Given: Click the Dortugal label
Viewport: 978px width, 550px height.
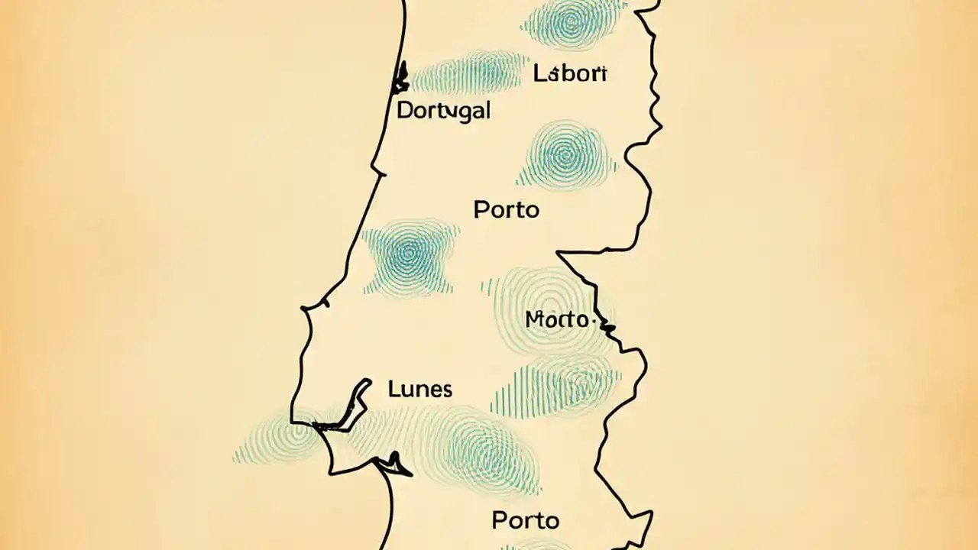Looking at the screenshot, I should (x=443, y=110).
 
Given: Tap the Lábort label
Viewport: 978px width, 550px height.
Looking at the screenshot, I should (x=570, y=74).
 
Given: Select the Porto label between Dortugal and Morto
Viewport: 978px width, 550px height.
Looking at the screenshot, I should (x=506, y=209).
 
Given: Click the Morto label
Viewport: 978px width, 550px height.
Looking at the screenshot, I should (x=558, y=320).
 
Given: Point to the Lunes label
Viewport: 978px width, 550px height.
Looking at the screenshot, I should (x=419, y=389).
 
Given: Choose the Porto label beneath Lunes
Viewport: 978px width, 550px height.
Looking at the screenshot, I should (x=525, y=521).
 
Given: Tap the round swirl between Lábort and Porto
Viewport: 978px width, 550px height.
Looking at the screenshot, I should (x=566, y=155).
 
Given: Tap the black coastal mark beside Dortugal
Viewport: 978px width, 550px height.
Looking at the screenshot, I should (x=400, y=78).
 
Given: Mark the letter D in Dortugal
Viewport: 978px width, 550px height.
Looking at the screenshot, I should (x=405, y=110).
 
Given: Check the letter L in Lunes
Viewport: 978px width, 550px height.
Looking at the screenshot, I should (x=393, y=389).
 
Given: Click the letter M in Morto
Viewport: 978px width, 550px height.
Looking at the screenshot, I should (x=534, y=320).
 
